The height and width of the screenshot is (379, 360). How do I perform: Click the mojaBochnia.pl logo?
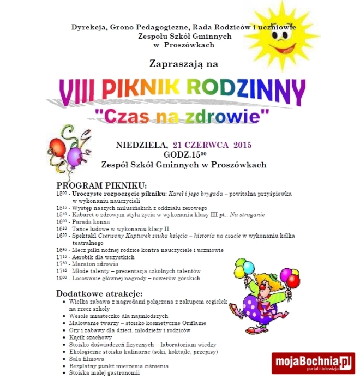click(x=312, y=363)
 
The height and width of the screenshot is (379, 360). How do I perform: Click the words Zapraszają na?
click(x=184, y=64)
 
